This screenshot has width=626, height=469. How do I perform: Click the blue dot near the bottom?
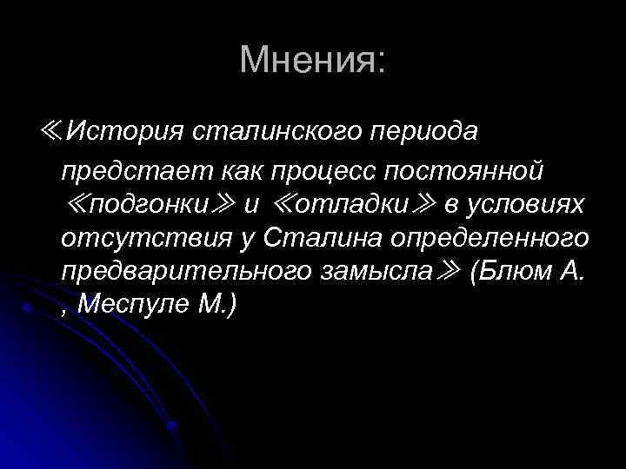click(x=173, y=426)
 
